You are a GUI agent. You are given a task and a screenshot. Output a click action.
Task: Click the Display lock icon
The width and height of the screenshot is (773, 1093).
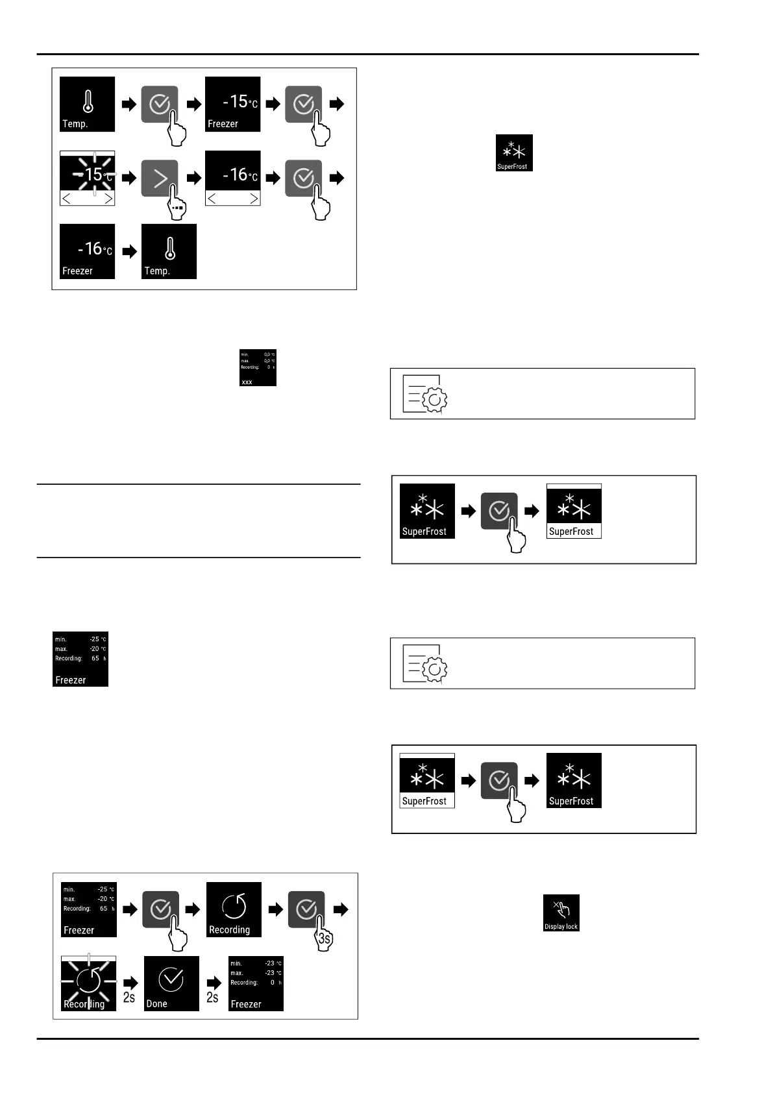[561, 913]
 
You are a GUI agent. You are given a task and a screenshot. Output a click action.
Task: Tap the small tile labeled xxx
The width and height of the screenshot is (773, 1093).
[258, 368]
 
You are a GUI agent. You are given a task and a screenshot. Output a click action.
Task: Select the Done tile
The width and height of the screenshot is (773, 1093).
[171, 983]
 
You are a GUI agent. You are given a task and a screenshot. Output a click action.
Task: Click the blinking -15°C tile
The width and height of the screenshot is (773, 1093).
[88, 178]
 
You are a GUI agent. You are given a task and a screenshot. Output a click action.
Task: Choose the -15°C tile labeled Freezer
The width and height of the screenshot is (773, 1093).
[232, 104]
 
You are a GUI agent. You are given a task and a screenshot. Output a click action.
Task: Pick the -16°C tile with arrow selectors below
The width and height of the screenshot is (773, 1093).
[232, 178]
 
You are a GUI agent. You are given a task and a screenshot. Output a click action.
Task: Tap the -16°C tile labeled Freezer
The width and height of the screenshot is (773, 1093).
[88, 252]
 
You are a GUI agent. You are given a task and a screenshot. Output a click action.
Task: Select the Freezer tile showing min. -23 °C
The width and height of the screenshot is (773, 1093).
[256, 983]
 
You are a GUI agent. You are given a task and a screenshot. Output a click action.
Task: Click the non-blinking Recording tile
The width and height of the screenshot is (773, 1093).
[234, 909]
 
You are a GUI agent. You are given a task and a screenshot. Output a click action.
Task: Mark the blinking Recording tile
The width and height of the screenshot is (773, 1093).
[88, 983]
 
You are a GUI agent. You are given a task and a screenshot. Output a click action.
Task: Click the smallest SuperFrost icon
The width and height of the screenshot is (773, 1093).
[514, 153]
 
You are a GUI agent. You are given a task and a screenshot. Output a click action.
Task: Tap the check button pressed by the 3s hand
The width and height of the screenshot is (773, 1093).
[306, 909]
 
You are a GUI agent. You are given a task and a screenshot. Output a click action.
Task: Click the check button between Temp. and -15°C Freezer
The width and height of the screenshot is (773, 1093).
[160, 104]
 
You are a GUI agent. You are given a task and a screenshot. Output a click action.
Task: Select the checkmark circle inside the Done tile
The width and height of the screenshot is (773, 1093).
[171, 979]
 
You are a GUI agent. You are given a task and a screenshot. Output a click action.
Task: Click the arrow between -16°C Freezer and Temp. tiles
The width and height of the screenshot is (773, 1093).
[130, 252]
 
